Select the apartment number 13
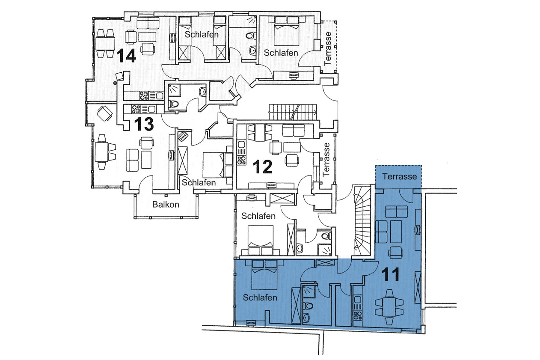pos(144,124)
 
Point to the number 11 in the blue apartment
pos(390,274)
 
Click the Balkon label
pos(166,205)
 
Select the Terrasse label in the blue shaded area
pos(399,176)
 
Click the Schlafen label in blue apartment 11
pos(260,298)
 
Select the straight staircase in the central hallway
pos(293,113)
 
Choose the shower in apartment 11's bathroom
pos(309,292)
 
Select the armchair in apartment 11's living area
pos(395,252)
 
